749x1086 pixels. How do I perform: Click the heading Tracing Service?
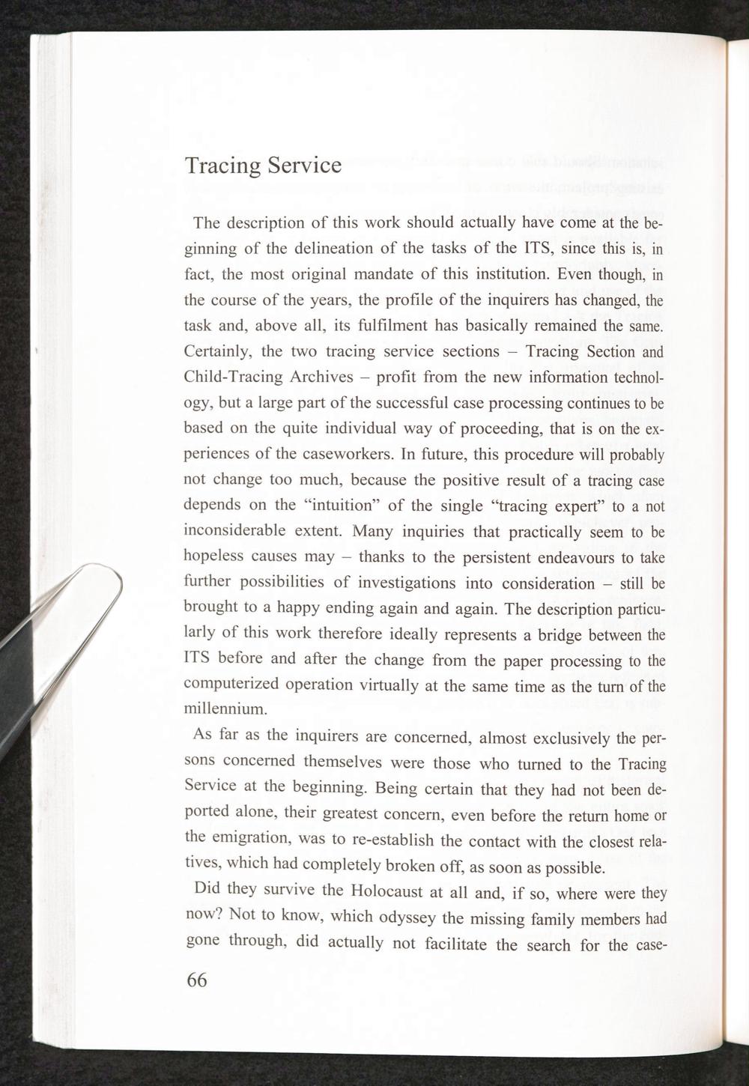[x=263, y=165]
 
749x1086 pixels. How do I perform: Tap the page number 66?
[x=196, y=980]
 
